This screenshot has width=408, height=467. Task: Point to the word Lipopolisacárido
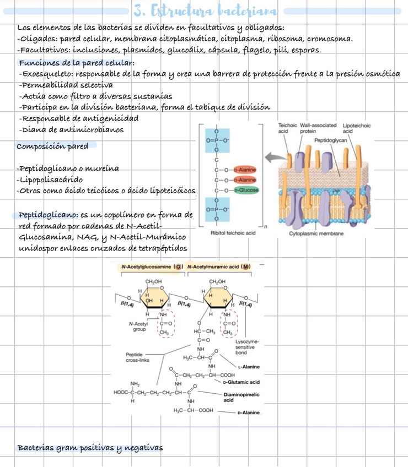pos(51,180)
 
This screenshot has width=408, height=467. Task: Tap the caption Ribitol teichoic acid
pos(233,233)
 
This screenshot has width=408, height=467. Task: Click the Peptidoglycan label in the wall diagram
pos(330,141)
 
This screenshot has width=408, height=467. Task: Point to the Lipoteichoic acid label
pos(356,129)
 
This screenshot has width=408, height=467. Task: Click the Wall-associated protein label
pos(312,129)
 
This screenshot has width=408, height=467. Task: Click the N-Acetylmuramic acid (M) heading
pos(219,267)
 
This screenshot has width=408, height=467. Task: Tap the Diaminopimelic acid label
pos(239,398)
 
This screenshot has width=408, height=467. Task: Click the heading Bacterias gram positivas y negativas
pos(90,447)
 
